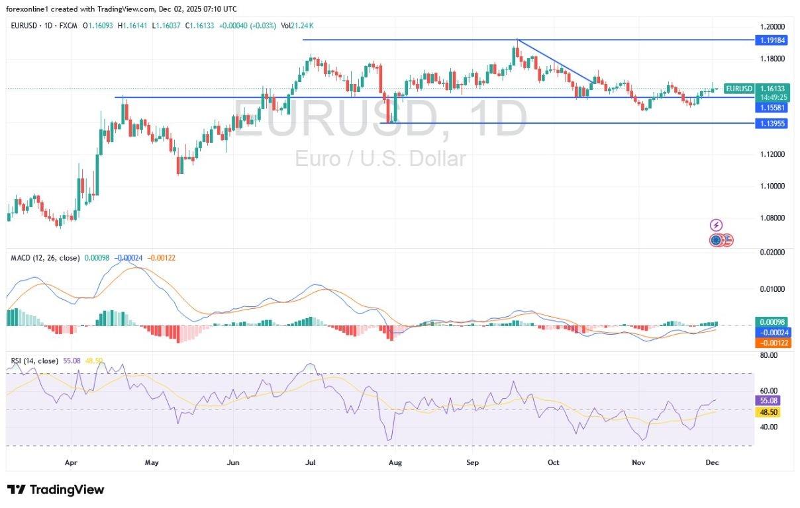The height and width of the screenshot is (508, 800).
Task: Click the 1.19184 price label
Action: point(773,40)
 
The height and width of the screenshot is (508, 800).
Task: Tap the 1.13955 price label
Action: point(773,123)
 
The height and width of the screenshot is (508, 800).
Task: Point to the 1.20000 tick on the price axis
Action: point(772,26)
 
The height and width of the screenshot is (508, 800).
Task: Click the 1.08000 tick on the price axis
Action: point(772,218)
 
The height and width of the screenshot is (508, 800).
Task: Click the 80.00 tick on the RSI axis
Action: point(768,355)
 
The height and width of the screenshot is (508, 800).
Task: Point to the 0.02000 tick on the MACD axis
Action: point(771,252)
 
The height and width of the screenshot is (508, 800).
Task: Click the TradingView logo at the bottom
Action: point(56,490)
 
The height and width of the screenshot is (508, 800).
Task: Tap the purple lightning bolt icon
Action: point(716,225)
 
